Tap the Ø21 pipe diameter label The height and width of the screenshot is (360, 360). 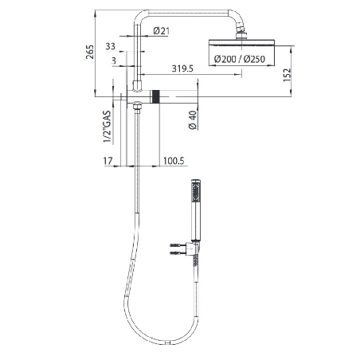161,31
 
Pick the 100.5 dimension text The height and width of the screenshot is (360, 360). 174,161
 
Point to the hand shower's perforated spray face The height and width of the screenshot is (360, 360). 194,191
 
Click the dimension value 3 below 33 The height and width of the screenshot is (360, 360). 115,60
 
